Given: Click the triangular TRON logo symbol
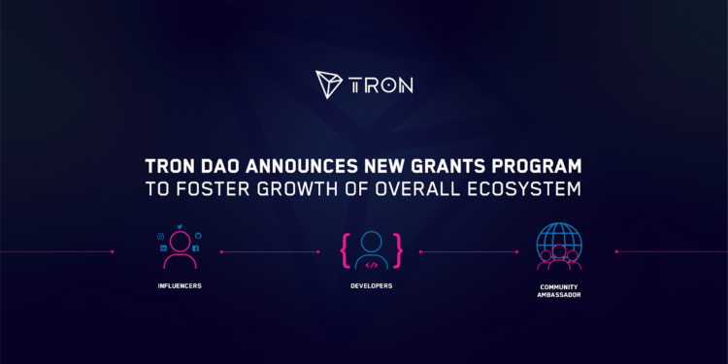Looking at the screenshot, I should point(332,84).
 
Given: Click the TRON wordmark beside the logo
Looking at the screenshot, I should point(382,84).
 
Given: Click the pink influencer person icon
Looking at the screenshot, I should point(180,248).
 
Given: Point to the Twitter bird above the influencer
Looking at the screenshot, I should point(180,226).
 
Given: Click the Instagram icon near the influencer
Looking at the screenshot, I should point(162,236).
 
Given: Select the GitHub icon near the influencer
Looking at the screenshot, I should point(197,236).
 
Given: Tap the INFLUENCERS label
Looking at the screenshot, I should point(180,286).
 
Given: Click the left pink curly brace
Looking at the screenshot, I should point(345,249).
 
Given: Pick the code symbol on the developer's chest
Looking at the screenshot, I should point(372,263).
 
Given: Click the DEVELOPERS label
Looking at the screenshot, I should point(372,286).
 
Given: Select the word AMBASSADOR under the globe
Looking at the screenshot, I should point(558,295).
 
